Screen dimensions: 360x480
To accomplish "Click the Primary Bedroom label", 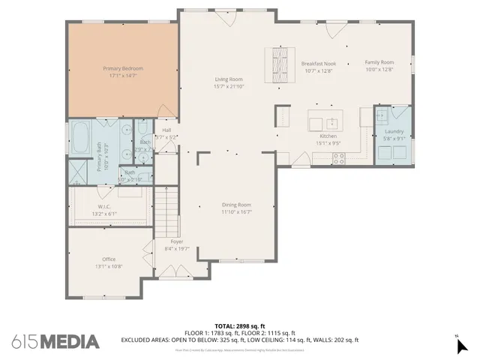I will click(122, 68).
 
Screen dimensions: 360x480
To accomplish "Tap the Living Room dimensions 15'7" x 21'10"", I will click(229, 86).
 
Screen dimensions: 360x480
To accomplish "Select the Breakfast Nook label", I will click(317, 63).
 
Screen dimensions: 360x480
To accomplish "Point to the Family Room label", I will click(379, 63).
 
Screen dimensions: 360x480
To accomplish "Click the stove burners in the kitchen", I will click(338, 158).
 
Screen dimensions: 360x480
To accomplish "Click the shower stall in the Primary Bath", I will click(77, 172).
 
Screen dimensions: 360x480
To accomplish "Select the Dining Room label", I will click(235, 205).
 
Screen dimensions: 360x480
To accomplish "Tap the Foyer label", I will click(177, 241).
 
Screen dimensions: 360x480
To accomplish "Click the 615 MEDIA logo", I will click(55, 341).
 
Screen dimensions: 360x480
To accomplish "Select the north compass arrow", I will click(462, 346).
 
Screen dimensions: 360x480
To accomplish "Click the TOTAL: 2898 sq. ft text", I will click(240, 326).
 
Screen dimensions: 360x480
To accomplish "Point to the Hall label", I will click(166, 130).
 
